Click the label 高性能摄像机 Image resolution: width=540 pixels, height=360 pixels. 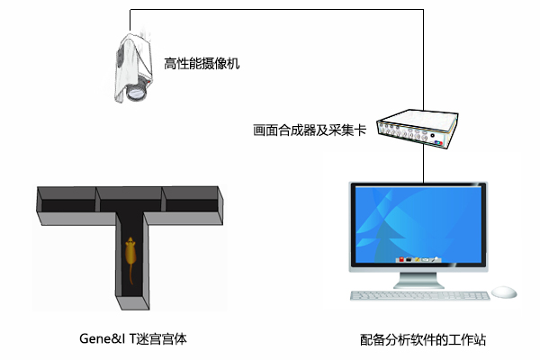click(x=202, y=63)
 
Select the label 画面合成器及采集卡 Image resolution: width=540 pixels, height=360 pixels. click(x=310, y=130)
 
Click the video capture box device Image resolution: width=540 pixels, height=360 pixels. click(x=418, y=129)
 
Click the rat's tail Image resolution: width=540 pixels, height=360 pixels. click(x=131, y=274)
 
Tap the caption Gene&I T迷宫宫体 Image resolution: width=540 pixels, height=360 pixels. click(x=133, y=338)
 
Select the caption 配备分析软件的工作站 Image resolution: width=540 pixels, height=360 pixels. click(x=423, y=339)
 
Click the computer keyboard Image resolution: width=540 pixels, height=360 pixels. click(x=419, y=295)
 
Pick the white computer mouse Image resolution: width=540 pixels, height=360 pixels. click(x=504, y=292)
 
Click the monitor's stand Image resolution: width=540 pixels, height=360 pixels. click(x=418, y=280)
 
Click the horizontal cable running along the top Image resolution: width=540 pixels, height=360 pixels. click(x=276, y=10)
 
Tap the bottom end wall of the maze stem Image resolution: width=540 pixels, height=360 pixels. click(x=132, y=302)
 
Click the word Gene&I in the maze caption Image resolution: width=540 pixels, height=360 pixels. click(x=103, y=338)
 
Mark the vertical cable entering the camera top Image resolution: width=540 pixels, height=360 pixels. click(x=130, y=21)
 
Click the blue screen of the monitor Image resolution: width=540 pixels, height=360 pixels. click(x=418, y=225)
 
